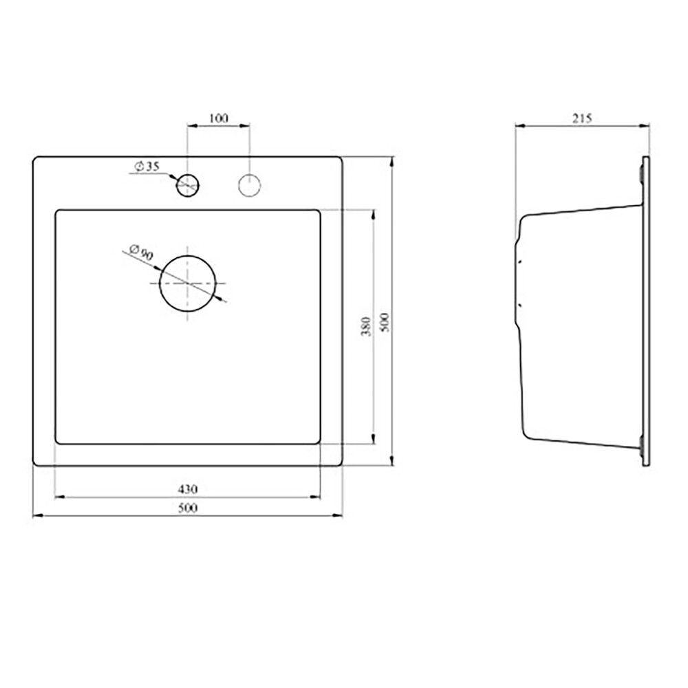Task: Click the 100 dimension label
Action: (x=219, y=118)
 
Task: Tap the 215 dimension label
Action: (x=582, y=118)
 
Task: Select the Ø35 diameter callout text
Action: (x=147, y=166)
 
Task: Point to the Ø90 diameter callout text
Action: (x=141, y=252)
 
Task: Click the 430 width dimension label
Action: (x=187, y=488)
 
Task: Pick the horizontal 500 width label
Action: (x=187, y=508)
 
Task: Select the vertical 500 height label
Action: (x=385, y=322)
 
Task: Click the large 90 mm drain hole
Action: (x=188, y=256)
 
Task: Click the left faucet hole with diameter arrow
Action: (x=188, y=174)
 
